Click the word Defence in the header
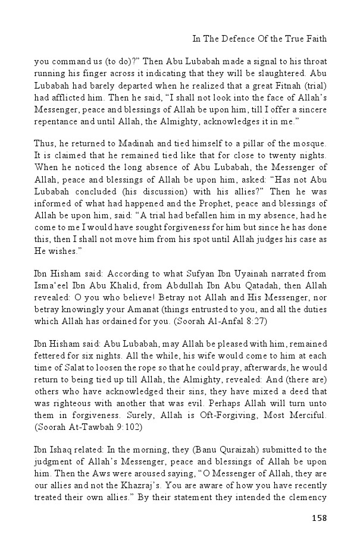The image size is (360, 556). tap(236, 39)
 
